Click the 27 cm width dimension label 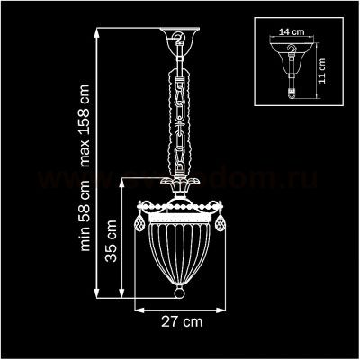point(180,320)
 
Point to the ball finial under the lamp point(180,296)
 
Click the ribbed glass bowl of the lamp point(180,252)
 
